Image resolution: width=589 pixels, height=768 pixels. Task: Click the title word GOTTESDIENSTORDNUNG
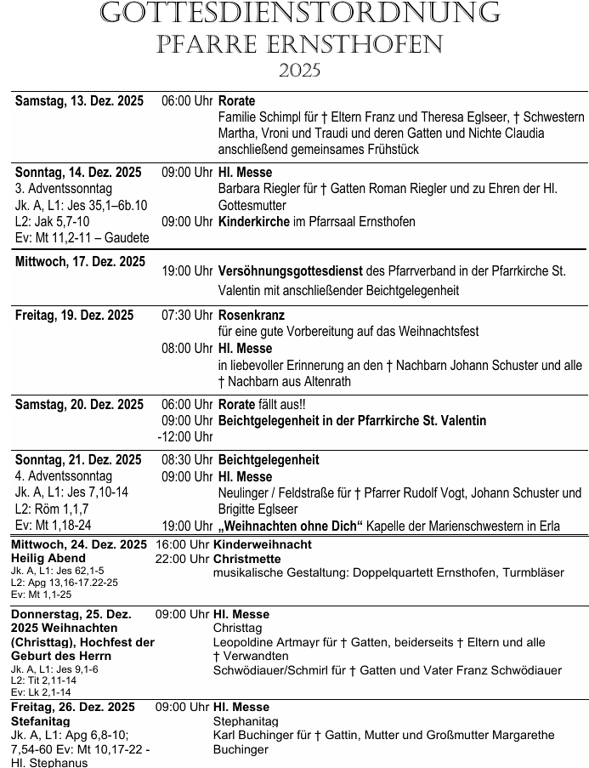pyautogui.click(x=299, y=13)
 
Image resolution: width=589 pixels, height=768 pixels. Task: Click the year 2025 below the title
pyautogui.click(x=299, y=71)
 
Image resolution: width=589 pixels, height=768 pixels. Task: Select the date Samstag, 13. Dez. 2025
pyautogui.click(x=79, y=101)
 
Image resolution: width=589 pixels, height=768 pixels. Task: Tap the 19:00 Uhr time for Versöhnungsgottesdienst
pyautogui.click(x=187, y=271)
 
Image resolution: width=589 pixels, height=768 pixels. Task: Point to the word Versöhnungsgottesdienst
pyautogui.click(x=290, y=271)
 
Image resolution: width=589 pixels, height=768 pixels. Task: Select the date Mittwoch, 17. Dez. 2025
pyautogui.click(x=80, y=262)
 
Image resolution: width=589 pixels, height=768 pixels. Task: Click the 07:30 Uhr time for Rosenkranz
pyautogui.click(x=187, y=316)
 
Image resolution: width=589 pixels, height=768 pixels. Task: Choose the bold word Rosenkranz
pyautogui.click(x=252, y=316)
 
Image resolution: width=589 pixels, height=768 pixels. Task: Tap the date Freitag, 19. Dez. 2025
pyautogui.click(x=74, y=316)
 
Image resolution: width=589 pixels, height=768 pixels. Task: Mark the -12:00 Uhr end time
pyautogui.click(x=184, y=437)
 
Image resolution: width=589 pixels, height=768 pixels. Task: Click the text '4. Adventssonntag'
pyautogui.click(x=64, y=476)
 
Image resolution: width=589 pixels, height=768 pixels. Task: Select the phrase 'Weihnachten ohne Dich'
pyautogui.click(x=290, y=526)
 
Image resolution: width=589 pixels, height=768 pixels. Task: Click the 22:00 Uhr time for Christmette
pyautogui.click(x=182, y=559)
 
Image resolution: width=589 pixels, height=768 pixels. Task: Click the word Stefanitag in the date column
pyautogui.click(x=41, y=720)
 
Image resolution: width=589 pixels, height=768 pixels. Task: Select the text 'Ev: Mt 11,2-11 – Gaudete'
pyautogui.click(x=82, y=238)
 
